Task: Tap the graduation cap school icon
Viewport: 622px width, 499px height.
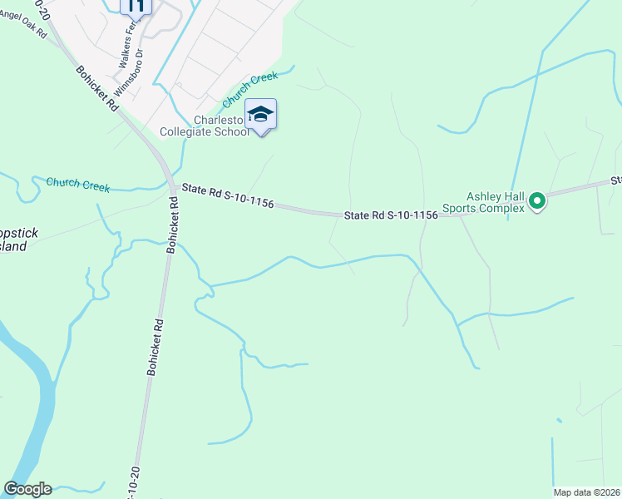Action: pyautogui.click(x=260, y=114)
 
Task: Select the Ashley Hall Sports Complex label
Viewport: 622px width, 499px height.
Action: pyautogui.click(x=496, y=202)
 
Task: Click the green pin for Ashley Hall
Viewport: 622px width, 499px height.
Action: pyautogui.click(x=537, y=200)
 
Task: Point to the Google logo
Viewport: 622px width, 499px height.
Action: pyautogui.click(x=27, y=489)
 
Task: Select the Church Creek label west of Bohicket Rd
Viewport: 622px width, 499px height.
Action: pyautogui.click(x=78, y=184)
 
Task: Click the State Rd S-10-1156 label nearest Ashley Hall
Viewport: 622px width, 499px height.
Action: pyautogui.click(x=391, y=215)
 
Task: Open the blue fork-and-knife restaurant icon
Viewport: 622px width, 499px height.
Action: pyautogui.click(x=136, y=6)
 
